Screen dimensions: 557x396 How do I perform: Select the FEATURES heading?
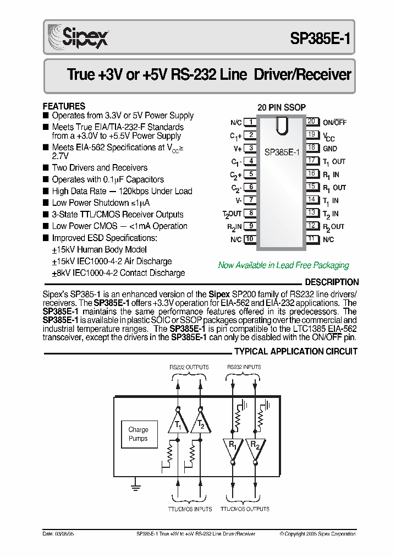pos(64,106)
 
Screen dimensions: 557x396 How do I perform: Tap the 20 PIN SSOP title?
pos(282,107)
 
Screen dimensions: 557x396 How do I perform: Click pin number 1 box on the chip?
pos(250,122)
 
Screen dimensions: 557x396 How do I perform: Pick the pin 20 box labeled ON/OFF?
pos(312,122)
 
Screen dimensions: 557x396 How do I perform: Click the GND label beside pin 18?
pos(330,149)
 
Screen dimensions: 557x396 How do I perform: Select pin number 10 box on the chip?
pos(250,239)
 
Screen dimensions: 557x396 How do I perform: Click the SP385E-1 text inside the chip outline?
pos(282,152)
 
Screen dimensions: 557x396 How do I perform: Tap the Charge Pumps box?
pos(138,434)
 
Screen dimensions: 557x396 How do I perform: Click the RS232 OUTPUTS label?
pos(188,367)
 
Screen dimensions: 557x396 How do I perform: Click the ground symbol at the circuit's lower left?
pos(134,484)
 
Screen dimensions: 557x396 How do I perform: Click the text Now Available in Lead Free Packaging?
pos(283,265)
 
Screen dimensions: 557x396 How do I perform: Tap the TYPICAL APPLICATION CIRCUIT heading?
pos(296,352)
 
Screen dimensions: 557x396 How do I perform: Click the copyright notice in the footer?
pos(317,534)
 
